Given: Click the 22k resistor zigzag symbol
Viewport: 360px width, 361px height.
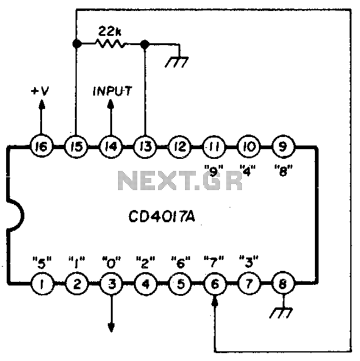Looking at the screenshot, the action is point(111,43).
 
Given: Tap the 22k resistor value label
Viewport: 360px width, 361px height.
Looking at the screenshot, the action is point(110,32).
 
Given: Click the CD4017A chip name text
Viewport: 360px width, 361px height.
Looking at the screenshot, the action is point(161,217).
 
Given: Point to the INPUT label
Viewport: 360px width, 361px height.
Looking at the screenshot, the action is point(112,91).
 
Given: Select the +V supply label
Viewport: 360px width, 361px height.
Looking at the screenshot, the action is point(40,91).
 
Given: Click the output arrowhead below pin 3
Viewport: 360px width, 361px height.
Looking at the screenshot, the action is point(111,327).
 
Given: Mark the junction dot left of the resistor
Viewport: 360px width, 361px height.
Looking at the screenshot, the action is point(77,43).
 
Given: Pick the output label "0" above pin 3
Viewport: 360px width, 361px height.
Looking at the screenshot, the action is point(111,262).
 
